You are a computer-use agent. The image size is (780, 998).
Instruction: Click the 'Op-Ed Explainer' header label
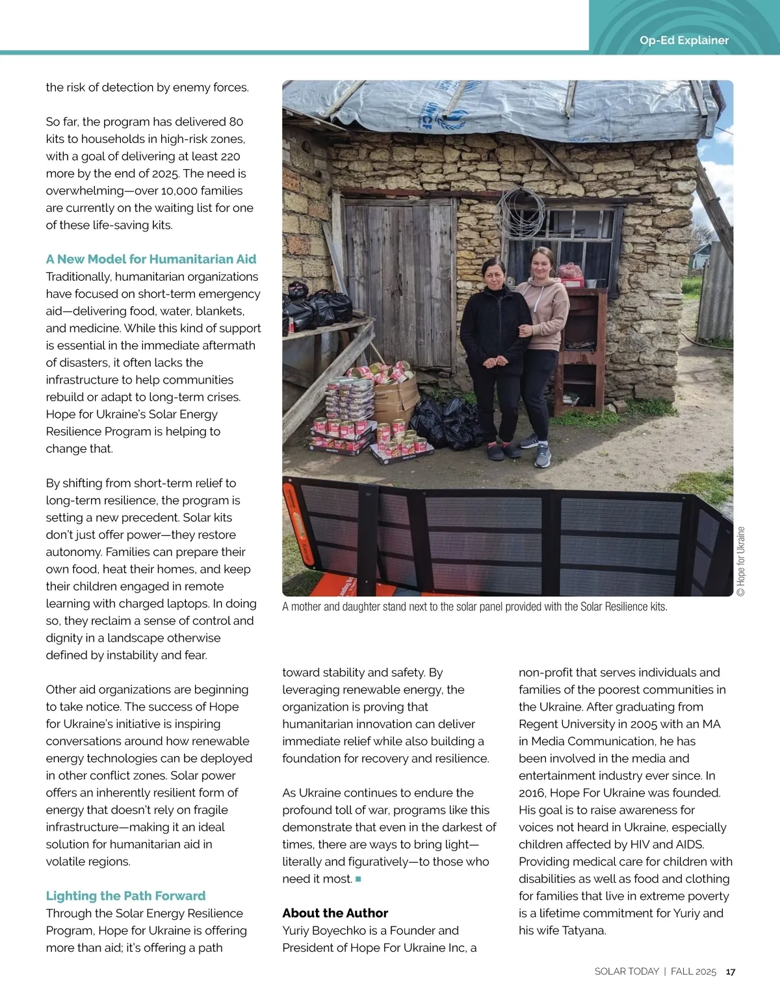(684, 40)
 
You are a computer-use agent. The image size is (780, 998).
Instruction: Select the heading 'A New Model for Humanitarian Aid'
(151, 259)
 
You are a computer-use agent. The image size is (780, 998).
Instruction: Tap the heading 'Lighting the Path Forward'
(125, 896)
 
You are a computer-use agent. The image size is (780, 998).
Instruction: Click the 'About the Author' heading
(335, 913)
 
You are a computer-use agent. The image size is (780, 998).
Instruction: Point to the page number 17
(731, 971)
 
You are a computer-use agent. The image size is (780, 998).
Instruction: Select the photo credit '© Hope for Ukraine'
(741, 561)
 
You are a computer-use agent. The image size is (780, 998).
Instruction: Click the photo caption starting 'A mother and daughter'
(474, 607)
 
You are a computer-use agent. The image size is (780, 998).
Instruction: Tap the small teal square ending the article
(358, 879)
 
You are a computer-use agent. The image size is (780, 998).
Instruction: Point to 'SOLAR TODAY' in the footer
(627, 971)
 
